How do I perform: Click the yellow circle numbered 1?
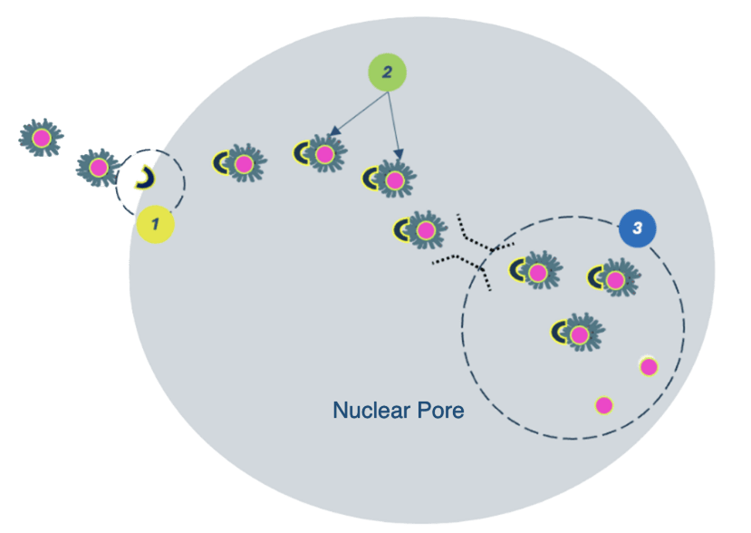point(155,224)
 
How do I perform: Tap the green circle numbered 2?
point(387,73)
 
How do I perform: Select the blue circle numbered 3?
point(637,228)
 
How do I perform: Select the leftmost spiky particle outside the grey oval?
point(42,138)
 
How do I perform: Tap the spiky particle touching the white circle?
point(98,168)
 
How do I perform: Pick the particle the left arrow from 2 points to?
point(320,154)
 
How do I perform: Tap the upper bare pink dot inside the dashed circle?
point(649,366)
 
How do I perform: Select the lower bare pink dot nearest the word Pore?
point(604,404)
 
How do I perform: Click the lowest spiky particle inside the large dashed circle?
point(576,334)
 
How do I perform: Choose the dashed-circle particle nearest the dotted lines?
point(534,271)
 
